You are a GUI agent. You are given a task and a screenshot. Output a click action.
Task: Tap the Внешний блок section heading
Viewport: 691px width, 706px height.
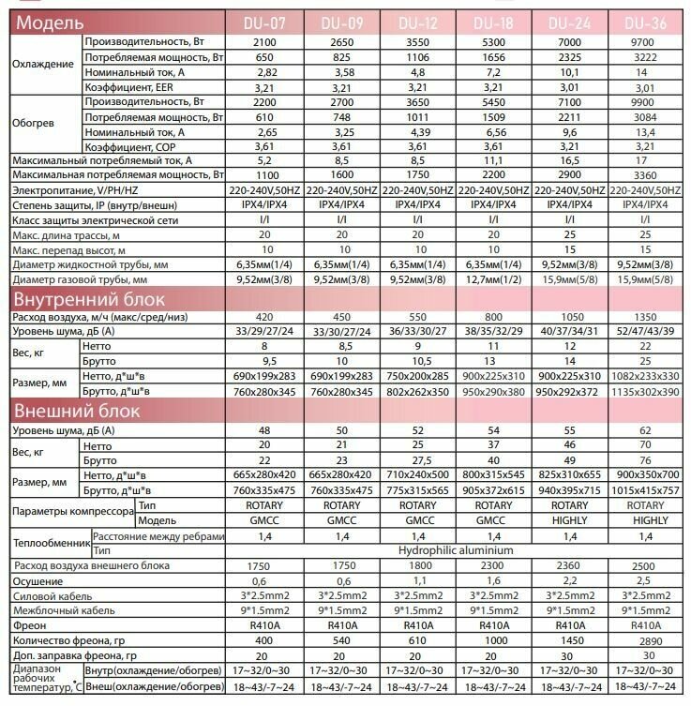[76, 411]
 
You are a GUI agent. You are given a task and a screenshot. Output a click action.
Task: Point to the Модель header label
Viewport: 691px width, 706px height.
[47, 22]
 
